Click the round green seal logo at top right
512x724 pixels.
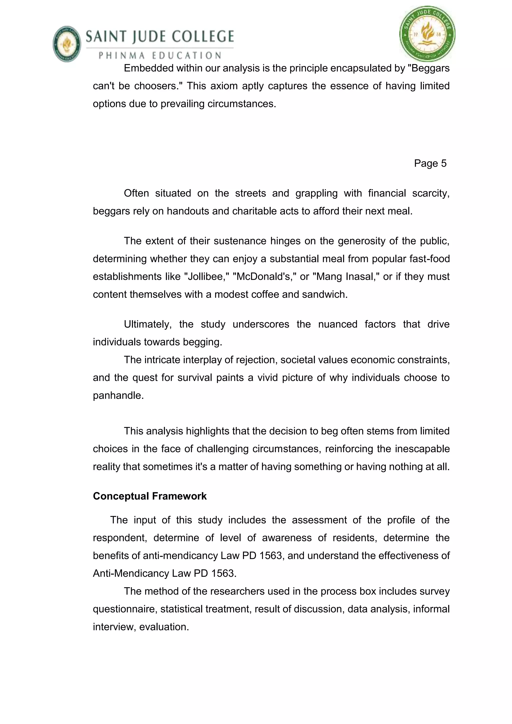click(x=427, y=34)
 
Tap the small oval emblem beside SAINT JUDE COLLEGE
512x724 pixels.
click(x=67, y=44)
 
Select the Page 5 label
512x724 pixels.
click(x=430, y=163)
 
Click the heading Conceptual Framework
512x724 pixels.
click(x=150, y=496)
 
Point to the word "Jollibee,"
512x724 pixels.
click(x=208, y=276)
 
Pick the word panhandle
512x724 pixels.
click(x=118, y=395)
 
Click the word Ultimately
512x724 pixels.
click(x=147, y=324)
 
